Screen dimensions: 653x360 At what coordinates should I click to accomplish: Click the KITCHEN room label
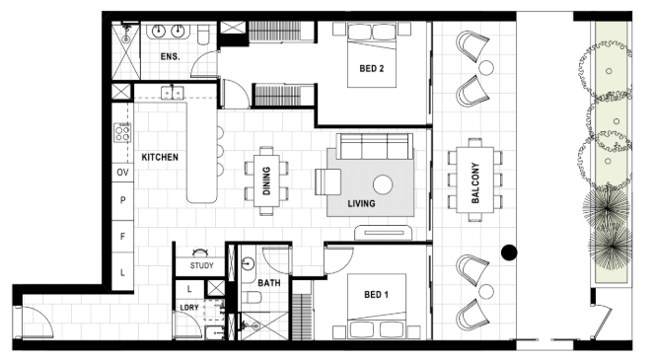pyautogui.click(x=160, y=157)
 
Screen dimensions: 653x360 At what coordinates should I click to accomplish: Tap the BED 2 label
pyautogui.click(x=372, y=68)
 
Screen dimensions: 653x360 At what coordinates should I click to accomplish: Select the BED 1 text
pyautogui.click(x=376, y=295)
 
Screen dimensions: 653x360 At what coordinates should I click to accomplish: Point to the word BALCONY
pyautogui.click(x=475, y=182)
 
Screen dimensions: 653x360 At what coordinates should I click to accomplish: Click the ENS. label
pyautogui.click(x=171, y=56)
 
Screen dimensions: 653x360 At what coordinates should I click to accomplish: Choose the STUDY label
pyautogui.click(x=201, y=265)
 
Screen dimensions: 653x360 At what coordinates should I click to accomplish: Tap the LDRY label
pyautogui.click(x=189, y=308)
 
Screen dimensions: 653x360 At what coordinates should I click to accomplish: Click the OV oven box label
pyautogui.click(x=122, y=173)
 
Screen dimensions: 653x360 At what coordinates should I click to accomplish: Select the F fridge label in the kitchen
pyautogui.click(x=122, y=237)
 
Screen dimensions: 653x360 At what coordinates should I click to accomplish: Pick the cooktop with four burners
pyautogui.click(x=122, y=133)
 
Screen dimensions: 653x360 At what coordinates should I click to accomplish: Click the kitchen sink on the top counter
pyautogui.click(x=173, y=93)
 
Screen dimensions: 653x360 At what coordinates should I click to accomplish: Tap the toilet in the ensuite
pyautogui.click(x=203, y=35)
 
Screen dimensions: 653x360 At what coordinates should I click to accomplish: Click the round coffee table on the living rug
pyautogui.click(x=383, y=184)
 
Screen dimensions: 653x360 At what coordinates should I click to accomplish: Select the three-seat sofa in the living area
pyautogui.click(x=375, y=146)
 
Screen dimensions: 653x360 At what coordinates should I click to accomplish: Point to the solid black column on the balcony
pyautogui.click(x=509, y=252)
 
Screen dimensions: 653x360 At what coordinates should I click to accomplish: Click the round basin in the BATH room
pyautogui.click(x=248, y=263)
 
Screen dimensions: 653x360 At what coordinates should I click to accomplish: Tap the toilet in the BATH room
pyautogui.click(x=252, y=298)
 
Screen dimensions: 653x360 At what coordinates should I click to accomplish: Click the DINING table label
pyautogui.click(x=266, y=180)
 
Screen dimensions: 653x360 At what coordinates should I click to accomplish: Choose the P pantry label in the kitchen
pyautogui.click(x=122, y=200)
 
